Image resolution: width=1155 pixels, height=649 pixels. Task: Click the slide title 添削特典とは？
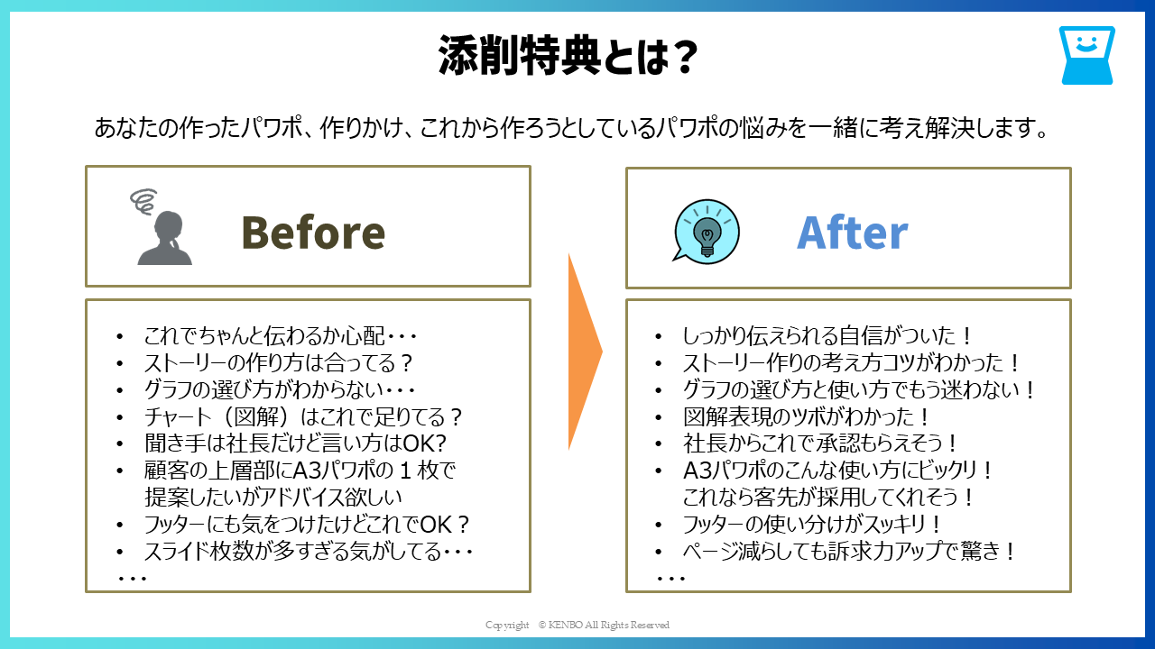568,55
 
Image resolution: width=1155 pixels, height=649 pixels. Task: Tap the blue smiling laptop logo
1087,55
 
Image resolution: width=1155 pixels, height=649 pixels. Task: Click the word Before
313,233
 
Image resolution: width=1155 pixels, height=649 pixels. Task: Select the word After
853,233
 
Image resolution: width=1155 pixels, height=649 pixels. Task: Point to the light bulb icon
707,232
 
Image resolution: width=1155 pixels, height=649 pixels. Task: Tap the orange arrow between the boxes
585,352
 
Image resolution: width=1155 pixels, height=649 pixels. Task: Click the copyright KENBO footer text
577,625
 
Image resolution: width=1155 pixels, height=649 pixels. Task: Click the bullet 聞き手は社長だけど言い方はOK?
295,443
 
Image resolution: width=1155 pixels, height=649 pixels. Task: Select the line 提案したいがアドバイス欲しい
273,497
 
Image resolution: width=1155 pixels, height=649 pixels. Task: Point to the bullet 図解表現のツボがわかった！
806,416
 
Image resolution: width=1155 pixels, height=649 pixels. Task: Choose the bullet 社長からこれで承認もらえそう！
820,443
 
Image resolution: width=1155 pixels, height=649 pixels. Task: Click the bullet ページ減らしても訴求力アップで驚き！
849,551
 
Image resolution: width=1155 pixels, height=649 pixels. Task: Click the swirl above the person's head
143,201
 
